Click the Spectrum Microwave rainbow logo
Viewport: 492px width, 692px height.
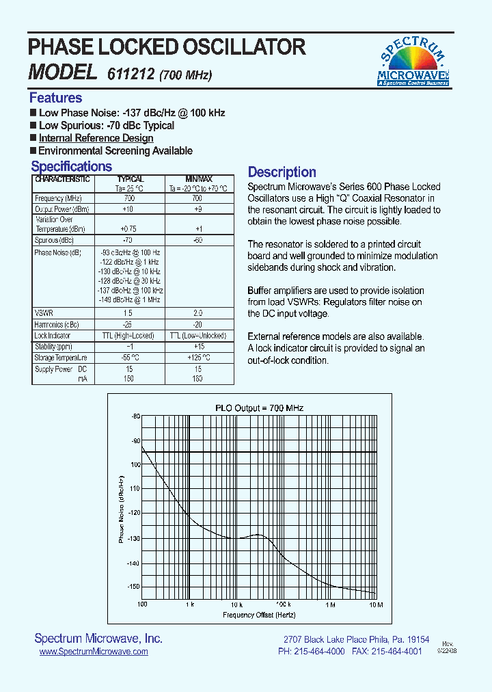click(413, 62)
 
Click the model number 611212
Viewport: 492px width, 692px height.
click(129, 74)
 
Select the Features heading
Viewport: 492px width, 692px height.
click(55, 98)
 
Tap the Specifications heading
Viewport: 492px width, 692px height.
click(71, 166)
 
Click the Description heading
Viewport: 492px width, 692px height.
click(282, 172)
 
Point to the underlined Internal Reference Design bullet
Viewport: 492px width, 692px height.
click(96, 138)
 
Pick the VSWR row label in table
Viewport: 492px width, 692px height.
click(44, 312)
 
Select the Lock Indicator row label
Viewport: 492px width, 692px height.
click(53, 336)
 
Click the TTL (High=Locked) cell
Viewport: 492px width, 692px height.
click(127, 336)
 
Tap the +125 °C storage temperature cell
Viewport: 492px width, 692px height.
click(197, 358)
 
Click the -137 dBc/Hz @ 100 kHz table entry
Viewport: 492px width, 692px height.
click(130, 291)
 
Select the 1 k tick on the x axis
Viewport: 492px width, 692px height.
click(189, 605)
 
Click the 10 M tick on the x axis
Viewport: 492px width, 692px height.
click(375, 605)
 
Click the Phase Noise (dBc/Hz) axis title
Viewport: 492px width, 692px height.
click(122, 509)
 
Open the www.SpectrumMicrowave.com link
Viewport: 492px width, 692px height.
click(94, 652)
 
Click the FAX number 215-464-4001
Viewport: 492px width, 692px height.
click(396, 652)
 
